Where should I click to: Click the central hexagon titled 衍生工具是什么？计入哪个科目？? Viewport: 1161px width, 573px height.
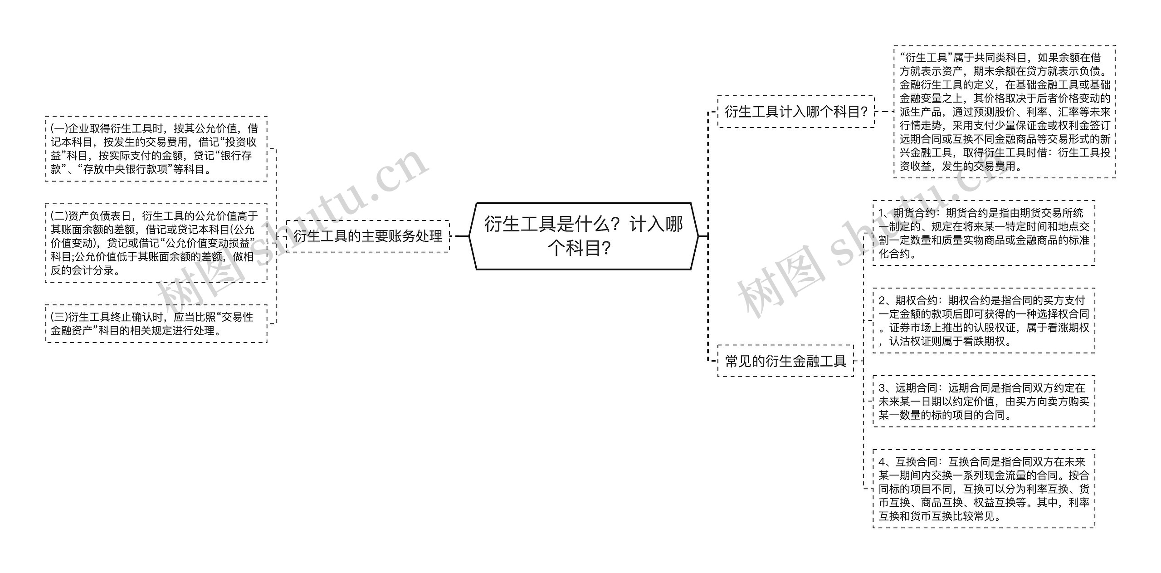click(x=583, y=236)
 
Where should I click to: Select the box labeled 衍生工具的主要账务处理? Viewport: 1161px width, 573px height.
click(x=368, y=236)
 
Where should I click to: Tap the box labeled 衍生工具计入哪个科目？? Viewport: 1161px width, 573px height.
click(x=796, y=112)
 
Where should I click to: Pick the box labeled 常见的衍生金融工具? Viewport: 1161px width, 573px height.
click(x=785, y=361)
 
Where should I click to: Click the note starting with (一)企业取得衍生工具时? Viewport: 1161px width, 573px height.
click(x=156, y=149)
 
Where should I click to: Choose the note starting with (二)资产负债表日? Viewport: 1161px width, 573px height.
click(x=156, y=243)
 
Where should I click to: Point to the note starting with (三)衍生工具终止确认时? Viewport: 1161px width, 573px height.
click(x=156, y=323)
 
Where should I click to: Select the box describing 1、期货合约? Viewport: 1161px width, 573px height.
click(x=984, y=233)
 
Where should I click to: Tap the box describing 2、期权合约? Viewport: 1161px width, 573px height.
click(x=984, y=321)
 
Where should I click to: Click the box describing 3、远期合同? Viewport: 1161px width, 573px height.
click(x=984, y=402)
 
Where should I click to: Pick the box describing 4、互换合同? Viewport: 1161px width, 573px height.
click(x=984, y=489)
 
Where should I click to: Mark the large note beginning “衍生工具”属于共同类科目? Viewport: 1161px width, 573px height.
click(x=1005, y=112)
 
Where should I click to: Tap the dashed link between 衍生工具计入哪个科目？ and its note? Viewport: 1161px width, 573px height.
click(x=884, y=112)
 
